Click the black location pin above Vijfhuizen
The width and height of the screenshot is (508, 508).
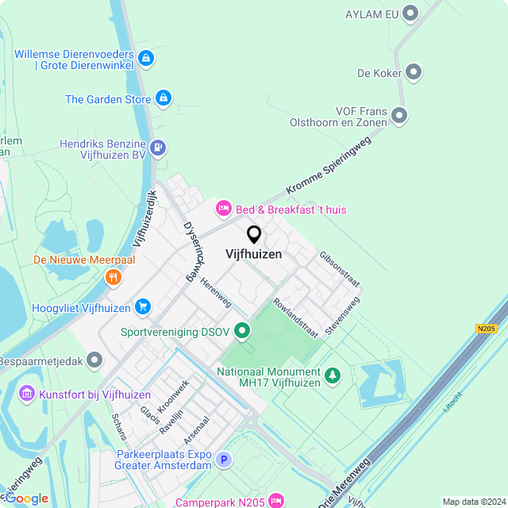[254, 235]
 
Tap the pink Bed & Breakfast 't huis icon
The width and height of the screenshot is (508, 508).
[224, 209]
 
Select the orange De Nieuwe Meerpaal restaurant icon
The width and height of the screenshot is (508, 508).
[114, 277]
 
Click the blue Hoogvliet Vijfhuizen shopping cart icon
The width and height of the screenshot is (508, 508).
[143, 306]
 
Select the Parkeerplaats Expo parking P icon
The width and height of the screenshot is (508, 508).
[225, 460]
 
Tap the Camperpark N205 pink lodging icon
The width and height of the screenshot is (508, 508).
[275, 500]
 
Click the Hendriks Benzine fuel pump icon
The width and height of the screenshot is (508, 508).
[159, 147]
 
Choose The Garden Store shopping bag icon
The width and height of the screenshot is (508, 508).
[163, 98]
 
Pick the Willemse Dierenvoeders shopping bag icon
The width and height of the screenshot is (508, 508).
[145, 58]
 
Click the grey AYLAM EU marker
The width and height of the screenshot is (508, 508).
[410, 13]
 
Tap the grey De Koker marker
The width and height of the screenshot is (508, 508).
[414, 73]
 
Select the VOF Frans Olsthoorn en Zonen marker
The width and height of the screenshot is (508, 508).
[399, 117]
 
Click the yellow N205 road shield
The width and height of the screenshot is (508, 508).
[486, 328]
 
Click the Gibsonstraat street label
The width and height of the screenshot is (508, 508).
[340, 270]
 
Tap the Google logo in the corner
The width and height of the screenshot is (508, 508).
[25, 498]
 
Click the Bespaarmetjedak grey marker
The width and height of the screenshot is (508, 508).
[95, 361]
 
